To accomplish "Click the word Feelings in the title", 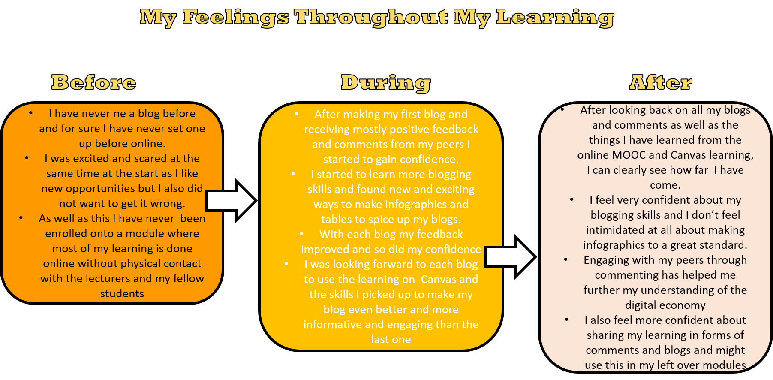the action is coord(236,18).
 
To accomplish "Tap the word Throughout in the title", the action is coord(371,18).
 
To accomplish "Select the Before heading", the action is coord(94,82).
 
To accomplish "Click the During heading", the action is coord(386,83).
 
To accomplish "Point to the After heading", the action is coord(661,82).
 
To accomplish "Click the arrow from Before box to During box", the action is coord(231,201).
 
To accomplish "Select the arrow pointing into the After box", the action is coord(511,257).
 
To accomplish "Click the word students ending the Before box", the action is coord(122,293).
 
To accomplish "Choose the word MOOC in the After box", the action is coord(629,155).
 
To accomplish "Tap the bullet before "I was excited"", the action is coord(27,158).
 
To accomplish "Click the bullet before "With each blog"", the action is coord(301,234).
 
